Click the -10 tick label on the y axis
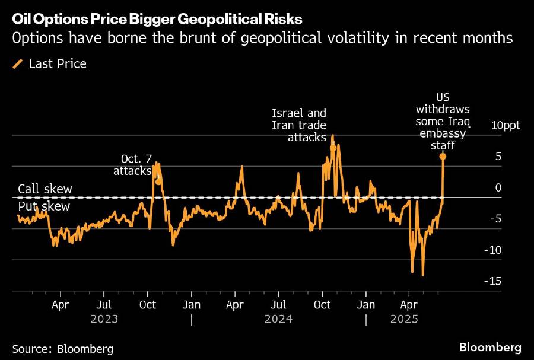click(493, 250)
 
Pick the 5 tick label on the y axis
click(498, 157)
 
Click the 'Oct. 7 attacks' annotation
click(136, 165)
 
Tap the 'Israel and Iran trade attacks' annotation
click(298, 125)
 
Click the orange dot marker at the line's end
click(443, 156)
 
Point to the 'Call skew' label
click(45, 189)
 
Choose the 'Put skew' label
click(44, 206)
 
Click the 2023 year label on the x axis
click(104, 318)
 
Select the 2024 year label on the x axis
click(279, 318)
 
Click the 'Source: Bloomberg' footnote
click(62, 348)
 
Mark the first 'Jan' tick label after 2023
click(191, 305)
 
